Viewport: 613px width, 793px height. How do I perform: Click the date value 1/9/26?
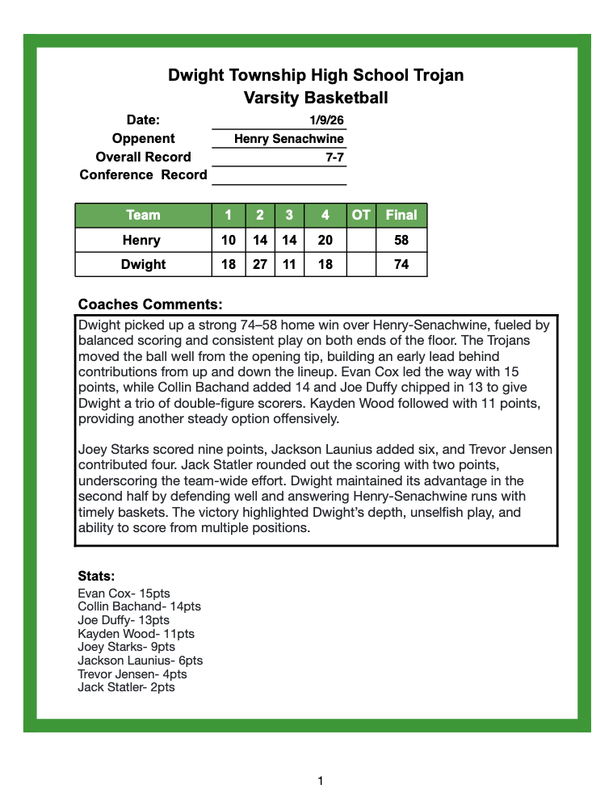tap(326, 120)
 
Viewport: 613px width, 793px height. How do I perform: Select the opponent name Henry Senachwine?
tap(288, 139)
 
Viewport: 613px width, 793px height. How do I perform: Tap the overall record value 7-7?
tap(334, 157)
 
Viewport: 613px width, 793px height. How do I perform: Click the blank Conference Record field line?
tap(279, 176)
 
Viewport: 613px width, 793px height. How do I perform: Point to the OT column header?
tap(361, 215)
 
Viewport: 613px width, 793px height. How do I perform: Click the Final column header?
tap(401, 215)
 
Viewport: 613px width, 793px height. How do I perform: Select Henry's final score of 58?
tap(401, 240)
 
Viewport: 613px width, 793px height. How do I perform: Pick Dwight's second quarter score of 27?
tap(260, 264)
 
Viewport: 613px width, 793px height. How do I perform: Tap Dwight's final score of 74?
tap(401, 264)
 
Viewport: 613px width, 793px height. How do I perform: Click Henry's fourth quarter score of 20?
tap(325, 240)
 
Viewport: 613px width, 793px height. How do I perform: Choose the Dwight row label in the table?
tap(143, 264)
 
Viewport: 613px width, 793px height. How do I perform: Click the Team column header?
tap(143, 215)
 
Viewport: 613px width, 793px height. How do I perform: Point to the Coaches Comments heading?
tap(149, 304)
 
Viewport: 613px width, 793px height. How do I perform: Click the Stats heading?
tap(96, 577)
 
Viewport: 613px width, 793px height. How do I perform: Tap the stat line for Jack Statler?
tap(126, 687)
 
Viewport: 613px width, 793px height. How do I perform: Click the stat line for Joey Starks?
tap(126, 647)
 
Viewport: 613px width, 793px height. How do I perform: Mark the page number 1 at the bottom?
tap(321, 780)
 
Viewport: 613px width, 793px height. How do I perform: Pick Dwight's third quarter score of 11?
tap(288, 264)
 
